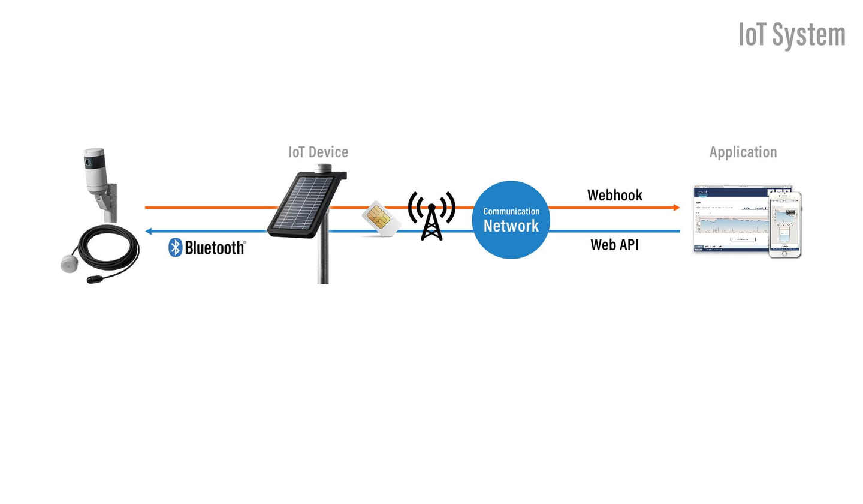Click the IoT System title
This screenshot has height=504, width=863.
(x=792, y=35)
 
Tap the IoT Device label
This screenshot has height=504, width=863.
(x=318, y=152)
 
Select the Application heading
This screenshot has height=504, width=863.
(x=743, y=152)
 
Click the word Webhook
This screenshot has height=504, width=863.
(x=614, y=195)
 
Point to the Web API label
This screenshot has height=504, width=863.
(x=614, y=245)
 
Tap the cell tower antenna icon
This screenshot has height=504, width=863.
(x=431, y=216)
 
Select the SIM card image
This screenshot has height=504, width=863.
(x=380, y=218)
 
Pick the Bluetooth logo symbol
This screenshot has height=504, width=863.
(x=175, y=247)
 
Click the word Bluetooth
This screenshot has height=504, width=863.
(x=214, y=247)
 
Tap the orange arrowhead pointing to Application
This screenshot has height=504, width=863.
(x=676, y=208)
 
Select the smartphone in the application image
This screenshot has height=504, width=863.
(x=785, y=225)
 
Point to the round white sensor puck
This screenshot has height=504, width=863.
(x=69, y=263)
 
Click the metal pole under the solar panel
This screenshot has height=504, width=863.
(x=322, y=258)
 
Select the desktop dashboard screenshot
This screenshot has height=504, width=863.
(x=731, y=219)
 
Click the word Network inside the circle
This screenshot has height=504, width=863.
(x=511, y=226)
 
